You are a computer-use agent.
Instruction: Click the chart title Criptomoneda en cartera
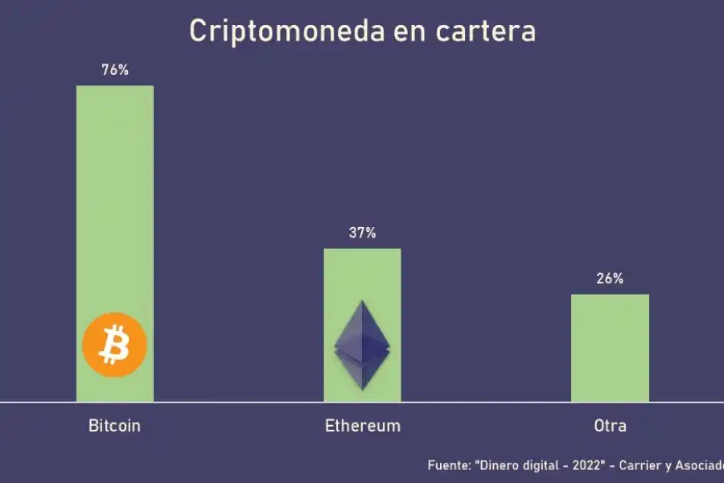tap(362, 31)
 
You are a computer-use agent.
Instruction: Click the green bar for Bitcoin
tap(115, 201)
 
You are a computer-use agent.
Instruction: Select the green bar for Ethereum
tap(362, 274)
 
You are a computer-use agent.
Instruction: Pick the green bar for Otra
tap(610, 346)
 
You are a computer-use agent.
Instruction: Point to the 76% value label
tap(115, 70)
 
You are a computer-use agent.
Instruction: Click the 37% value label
tap(362, 233)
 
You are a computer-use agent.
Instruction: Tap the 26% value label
tap(610, 279)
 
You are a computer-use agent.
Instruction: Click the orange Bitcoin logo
tap(115, 345)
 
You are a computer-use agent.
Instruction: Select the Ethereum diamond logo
tap(362, 345)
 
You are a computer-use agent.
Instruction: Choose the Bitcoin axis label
tap(114, 426)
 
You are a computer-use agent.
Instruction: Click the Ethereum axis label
tap(362, 426)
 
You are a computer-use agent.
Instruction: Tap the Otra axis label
tap(610, 426)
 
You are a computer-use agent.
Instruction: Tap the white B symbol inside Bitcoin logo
tap(115, 345)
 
